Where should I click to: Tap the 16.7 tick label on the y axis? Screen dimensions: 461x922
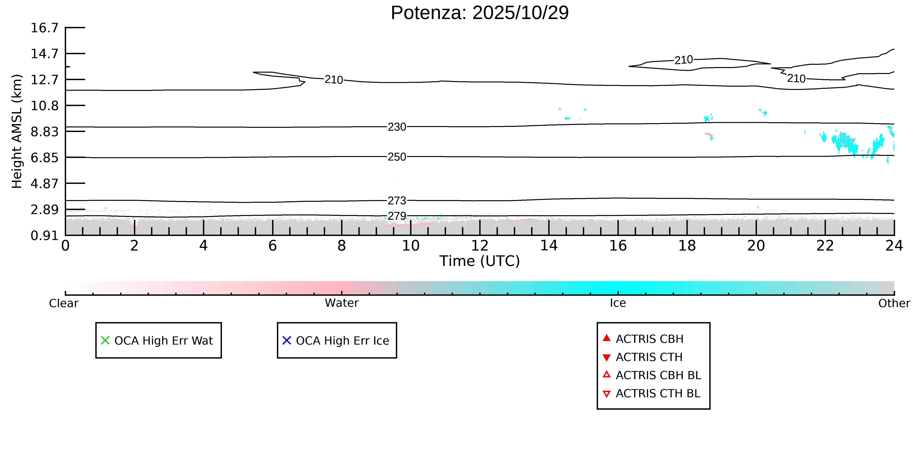pyautogui.click(x=44, y=28)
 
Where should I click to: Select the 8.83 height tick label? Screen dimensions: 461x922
pyautogui.click(x=44, y=132)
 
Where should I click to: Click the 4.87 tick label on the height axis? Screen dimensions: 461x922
pyautogui.click(x=44, y=184)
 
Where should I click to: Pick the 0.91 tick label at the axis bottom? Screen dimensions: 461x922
pyautogui.click(x=44, y=236)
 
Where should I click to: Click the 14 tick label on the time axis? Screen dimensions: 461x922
pyautogui.click(x=549, y=246)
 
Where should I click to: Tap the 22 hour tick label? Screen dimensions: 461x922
pyautogui.click(x=825, y=246)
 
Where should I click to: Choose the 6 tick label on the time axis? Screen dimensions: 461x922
pyautogui.click(x=272, y=246)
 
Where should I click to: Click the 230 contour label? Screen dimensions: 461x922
pyautogui.click(x=397, y=127)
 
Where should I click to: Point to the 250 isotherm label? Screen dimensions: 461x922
pyautogui.click(x=397, y=157)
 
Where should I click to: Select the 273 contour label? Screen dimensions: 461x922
pyautogui.click(x=397, y=201)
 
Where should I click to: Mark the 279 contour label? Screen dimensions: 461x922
pyautogui.click(x=397, y=216)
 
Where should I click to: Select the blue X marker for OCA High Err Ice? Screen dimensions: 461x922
pyautogui.click(x=287, y=340)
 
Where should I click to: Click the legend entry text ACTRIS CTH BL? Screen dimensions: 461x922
pyautogui.click(x=658, y=393)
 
